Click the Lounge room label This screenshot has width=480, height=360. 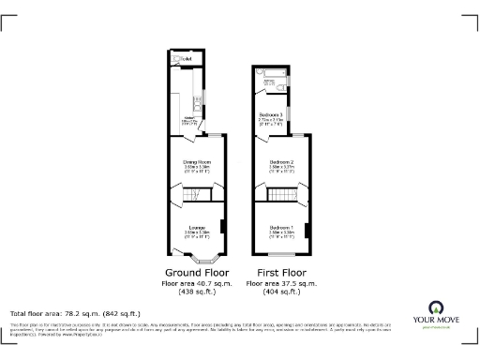tap(197, 228)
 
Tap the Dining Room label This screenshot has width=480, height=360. tap(197, 162)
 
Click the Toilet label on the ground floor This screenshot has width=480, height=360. tap(186, 59)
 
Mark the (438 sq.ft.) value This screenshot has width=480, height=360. tap(197, 292)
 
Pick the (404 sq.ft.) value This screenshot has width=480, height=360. tap(281, 292)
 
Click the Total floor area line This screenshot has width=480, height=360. tap(75, 312)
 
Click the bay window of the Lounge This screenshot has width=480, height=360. tap(197, 257)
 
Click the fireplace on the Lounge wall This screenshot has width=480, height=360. tap(222, 227)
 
